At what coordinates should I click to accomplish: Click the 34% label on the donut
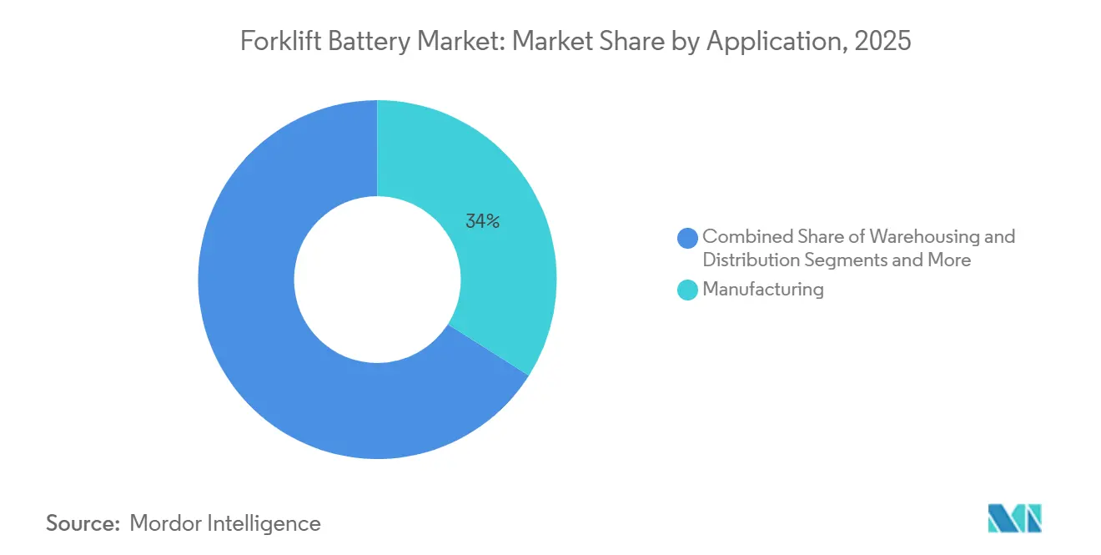(481, 221)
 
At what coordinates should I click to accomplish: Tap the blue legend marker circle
(688, 238)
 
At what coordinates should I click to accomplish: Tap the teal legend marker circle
(688, 290)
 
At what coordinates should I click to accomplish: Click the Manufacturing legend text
(763, 290)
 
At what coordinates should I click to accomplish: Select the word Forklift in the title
(274, 42)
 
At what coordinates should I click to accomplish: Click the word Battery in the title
(350, 42)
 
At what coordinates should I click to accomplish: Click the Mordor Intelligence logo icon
(1014, 518)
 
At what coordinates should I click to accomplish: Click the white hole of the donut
(377, 280)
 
